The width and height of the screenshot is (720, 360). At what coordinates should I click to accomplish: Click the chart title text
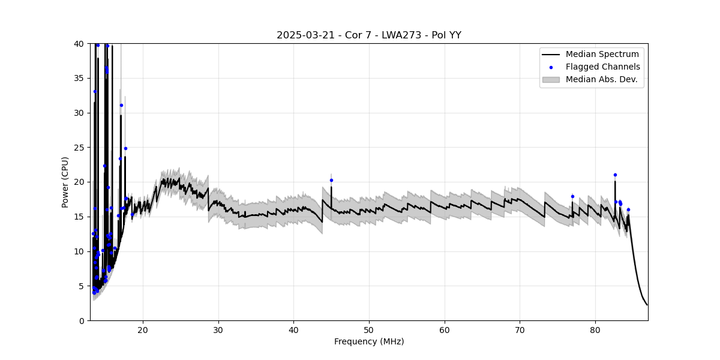[368, 35]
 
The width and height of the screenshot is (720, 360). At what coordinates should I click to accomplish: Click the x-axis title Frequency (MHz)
[368, 341]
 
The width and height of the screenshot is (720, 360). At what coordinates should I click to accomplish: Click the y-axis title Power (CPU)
[65, 182]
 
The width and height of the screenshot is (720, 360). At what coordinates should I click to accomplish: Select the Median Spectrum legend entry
[602, 55]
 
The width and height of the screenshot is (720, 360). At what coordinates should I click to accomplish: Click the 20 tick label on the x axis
[143, 329]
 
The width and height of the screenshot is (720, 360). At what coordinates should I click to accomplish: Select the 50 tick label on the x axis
[369, 329]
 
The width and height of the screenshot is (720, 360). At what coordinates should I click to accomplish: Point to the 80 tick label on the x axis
[595, 329]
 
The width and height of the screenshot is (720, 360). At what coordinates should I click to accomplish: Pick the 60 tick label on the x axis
[445, 329]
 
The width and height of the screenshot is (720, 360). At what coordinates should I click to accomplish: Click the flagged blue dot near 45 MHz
[331, 180]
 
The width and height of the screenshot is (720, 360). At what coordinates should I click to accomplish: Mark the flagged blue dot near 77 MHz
[572, 196]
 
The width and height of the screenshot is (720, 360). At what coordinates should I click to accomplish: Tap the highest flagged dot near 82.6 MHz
[615, 175]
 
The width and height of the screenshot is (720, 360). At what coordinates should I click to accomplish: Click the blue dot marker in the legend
[551, 67]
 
